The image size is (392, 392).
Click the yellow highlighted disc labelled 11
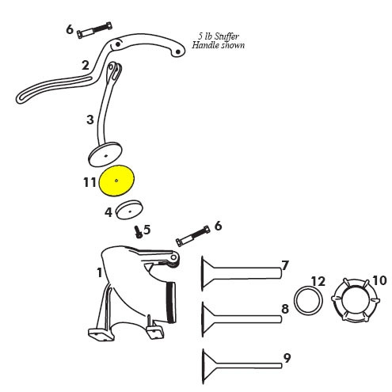tap(116, 181)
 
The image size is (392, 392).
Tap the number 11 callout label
tap(89, 182)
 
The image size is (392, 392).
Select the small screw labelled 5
tap(138, 232)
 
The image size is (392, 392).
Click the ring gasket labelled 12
tap(308, 300)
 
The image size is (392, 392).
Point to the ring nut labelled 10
tap(356, 299)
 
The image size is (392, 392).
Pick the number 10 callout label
tap(379, 280)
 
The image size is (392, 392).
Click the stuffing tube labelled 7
tap(241, 273)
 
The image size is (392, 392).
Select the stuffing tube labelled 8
tap(241, 319)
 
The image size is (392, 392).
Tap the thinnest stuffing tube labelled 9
tap(242, 366)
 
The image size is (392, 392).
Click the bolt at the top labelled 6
tap(94, 30)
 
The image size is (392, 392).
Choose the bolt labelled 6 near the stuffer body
tap(193, 236)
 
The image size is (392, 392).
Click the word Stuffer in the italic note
tap(226, 36)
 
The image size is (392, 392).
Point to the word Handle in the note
tap(205, 45)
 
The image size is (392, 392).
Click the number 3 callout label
tap(90, 120)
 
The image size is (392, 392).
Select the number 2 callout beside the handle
tap(86, 65)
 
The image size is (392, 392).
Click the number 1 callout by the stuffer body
tap(99, 272)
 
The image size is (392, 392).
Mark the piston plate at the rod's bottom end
tap(105, 154)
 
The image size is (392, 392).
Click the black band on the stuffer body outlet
tap(171, 302)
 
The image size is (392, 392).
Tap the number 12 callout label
tap(318, 281)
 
